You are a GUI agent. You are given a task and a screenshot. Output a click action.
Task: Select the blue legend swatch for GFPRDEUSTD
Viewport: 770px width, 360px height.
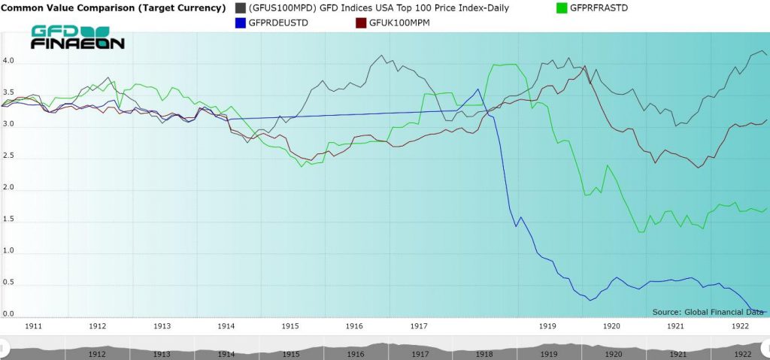pyautogui.click(x=241, y=23)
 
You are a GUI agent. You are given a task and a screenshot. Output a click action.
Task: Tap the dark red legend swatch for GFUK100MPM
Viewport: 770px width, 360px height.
pyautogui.click(x=359, y=23)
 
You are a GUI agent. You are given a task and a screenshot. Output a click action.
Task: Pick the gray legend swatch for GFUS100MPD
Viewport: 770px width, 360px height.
pyautogui.click(x=241, y=8)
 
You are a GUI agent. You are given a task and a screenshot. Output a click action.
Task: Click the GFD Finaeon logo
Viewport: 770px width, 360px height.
pyautogui.click(x=77, y=38)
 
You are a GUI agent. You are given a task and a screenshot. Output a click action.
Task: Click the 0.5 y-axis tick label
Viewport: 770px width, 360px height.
pyautogui.click(x=8, y=283)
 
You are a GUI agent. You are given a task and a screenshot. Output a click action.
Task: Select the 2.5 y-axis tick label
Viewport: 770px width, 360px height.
pyautogui.click(x=8, y=156)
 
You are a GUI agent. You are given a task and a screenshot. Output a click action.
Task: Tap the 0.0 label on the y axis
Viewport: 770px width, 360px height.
pyautogui.click(x=8, y=314)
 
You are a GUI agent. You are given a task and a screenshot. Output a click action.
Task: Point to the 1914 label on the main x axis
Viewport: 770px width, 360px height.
pyautogui.click(x=226, y=326)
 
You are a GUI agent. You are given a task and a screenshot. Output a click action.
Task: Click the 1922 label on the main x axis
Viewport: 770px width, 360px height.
pyautogui.click(x=741, y=326)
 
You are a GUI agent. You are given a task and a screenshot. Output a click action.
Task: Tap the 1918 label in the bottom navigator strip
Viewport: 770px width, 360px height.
pyautogui.click(x=484, y=354)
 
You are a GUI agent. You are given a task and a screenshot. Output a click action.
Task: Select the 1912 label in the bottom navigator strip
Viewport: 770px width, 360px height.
pyautogui.click(x=97, y=354)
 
